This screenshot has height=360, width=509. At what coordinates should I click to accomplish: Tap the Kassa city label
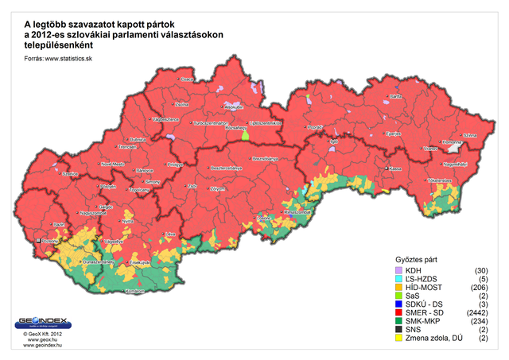click(394, 168)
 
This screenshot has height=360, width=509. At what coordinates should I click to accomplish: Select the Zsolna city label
click(182, 104)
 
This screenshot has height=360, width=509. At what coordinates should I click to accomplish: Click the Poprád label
click(316, 126)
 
